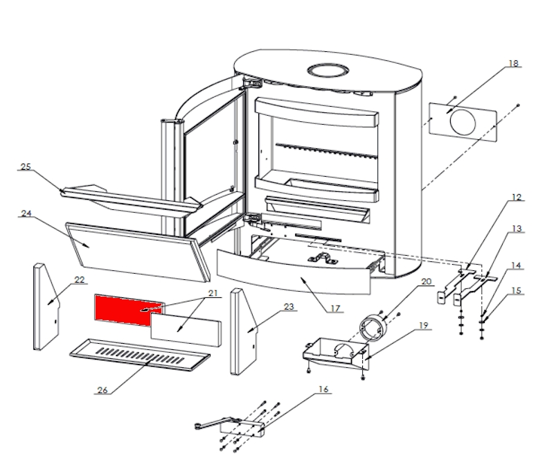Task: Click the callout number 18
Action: (513, 64)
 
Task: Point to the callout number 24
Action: (26, 214)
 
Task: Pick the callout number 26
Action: (102, 389)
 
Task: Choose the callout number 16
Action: (322, 389)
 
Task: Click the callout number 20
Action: (425, 281)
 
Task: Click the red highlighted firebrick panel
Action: (122, 306)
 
